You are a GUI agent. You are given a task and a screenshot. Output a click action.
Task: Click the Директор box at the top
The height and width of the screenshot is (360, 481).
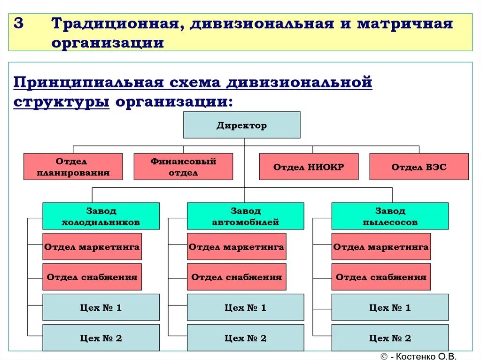coord(241,125)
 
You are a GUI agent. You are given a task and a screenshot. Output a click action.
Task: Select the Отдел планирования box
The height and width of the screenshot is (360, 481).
coord(73,167)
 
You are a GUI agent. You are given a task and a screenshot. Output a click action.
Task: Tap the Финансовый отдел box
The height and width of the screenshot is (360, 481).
coord(183,167)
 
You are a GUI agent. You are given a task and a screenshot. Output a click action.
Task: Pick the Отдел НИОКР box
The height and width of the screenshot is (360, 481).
coord(309,167)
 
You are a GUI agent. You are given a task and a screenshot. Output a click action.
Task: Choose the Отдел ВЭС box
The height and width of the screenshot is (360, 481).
coord(419,167)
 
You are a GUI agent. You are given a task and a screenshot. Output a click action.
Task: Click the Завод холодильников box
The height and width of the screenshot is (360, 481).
coord(101,216)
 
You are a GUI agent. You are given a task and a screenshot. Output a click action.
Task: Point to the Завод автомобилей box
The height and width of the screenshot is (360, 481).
coord(245,216)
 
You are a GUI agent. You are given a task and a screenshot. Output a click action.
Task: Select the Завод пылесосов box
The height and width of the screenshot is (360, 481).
coord(390,216)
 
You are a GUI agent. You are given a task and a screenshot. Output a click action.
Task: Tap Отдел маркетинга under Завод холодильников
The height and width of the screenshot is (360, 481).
coord(92,246)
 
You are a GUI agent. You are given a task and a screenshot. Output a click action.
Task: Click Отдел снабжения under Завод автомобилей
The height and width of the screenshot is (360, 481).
coord(236,277)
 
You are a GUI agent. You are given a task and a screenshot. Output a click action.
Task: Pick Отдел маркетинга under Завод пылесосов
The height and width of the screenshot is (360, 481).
coord(381,246)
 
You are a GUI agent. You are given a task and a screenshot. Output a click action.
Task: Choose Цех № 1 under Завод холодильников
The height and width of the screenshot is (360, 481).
coord(101,307)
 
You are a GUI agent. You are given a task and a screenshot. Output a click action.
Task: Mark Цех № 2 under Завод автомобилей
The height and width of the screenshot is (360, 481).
coord(245,338)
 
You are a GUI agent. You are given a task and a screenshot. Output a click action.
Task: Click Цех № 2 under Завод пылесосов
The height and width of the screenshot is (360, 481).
coord(390,338)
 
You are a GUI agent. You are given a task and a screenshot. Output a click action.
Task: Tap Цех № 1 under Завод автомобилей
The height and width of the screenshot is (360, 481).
coord(245,307)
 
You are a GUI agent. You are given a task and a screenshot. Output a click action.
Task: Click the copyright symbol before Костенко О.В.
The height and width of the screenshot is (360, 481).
coord(383,356)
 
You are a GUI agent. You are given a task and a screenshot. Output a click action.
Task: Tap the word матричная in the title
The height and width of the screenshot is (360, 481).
coord(404,24)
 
